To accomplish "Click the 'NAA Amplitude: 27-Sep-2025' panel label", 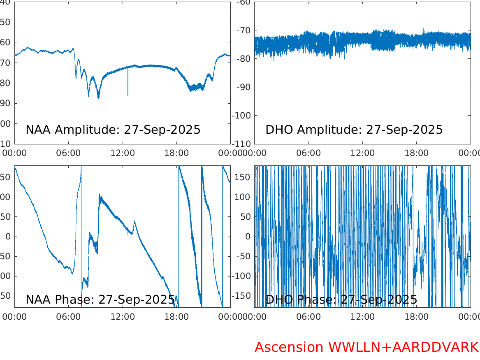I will point(113,130).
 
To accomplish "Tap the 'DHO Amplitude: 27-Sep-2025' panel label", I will point(354,130).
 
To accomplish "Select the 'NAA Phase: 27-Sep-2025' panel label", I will point(100,300).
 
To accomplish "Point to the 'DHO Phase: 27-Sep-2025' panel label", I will point(341,300).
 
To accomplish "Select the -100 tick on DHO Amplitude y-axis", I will point(243,116).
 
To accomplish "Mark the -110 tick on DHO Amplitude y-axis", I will point(243,144).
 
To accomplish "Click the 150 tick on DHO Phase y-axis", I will point(243,177).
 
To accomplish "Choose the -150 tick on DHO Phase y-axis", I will point(242,296).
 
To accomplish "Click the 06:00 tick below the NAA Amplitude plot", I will point(68,153).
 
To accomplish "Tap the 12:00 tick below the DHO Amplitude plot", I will point(362,153).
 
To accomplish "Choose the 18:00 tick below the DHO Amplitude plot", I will point(416,153).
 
